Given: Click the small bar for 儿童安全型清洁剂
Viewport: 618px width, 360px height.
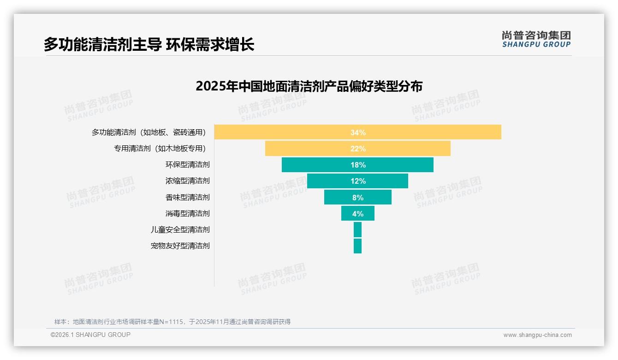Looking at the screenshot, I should click(x=357, y=229).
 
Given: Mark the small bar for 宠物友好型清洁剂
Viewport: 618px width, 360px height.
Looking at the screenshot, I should click(x=357, y=246).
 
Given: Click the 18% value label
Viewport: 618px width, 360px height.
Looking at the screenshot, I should click(x=358, y=165).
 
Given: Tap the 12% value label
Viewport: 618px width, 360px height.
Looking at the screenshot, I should click(x=358, y=181).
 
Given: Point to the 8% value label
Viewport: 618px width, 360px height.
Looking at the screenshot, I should click(x=358, y=197).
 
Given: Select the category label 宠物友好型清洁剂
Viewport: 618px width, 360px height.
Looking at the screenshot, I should click(x=180, y=246).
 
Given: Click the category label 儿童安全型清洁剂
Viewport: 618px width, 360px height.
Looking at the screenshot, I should click(x=180, y=229).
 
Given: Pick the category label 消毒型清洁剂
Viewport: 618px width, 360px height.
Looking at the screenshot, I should click(x=187, y=213).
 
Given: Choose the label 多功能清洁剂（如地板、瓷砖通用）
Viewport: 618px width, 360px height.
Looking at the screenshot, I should click(x=149, y=132).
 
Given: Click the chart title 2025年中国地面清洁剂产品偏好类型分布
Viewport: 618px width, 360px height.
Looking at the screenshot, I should click(x=309, y=86).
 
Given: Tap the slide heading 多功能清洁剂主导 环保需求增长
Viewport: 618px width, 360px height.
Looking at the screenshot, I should click(x=149, y=45).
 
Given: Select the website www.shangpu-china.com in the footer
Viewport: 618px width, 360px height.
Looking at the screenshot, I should click(x=537, y=335).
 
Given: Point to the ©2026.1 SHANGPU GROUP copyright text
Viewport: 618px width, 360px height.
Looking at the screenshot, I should click(x=90, y=335).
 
